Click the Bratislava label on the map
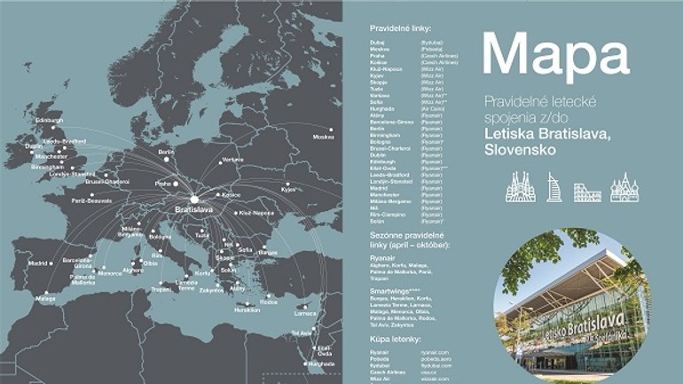192,210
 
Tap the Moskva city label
324,137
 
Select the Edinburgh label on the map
50,120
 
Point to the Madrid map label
37,263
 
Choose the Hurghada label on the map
321,364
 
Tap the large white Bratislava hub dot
193,199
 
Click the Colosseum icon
587,191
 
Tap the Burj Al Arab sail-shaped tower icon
554,187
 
